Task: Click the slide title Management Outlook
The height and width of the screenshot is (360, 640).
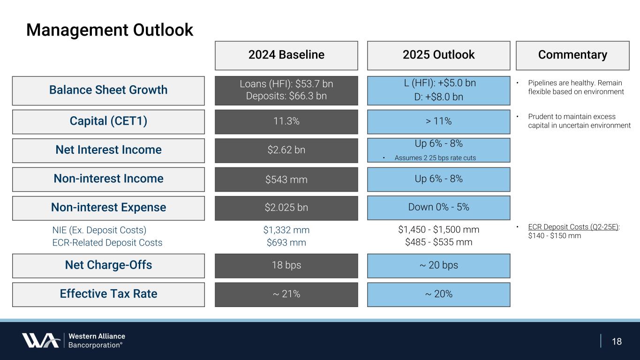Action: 110,30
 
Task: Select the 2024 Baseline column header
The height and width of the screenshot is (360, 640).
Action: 286,55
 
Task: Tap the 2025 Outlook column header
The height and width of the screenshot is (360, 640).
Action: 438,55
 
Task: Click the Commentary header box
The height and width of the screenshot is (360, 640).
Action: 572,55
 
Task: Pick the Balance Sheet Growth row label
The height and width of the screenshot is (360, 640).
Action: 108,90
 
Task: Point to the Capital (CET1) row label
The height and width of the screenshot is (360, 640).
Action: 108,121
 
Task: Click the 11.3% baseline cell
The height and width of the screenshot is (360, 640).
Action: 286,121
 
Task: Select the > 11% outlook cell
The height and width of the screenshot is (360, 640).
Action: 438,121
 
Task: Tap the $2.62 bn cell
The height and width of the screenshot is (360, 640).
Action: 286,150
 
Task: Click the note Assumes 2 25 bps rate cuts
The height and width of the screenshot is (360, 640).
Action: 435,158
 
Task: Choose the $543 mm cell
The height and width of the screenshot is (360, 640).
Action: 286,179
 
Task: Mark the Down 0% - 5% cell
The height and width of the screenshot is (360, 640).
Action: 438,207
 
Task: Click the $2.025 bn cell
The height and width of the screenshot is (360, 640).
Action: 286,208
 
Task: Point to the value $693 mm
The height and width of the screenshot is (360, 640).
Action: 286,243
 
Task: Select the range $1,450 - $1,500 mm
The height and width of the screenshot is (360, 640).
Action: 438,230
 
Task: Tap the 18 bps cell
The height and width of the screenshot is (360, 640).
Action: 286,265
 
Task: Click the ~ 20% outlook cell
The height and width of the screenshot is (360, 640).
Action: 438,294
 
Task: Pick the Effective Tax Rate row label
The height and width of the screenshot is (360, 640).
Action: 108,294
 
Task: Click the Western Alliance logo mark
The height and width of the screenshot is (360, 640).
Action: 40,340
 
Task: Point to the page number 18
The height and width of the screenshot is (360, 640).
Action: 617,341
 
